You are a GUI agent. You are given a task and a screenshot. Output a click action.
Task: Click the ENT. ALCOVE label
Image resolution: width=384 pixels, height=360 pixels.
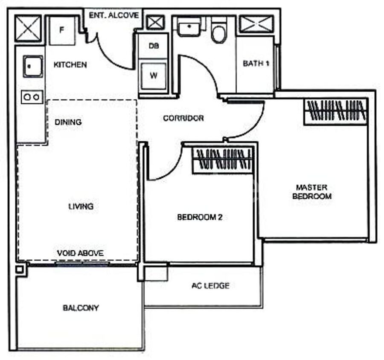[114, 15]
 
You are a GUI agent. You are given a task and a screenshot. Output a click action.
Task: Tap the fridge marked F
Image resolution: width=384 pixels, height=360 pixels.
[62, 30]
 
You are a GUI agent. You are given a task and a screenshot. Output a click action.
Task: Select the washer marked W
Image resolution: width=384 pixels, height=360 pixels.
[154, 76]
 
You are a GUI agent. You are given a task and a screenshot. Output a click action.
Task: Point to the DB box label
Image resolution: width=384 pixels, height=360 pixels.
[154, 46]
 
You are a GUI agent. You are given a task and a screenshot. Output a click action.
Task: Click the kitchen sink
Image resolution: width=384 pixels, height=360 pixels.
[33, 67]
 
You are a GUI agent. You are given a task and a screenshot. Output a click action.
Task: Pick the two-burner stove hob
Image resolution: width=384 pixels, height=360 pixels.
[32, 97]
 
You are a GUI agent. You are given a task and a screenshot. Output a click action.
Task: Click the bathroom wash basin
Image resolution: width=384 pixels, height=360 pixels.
[189, 27]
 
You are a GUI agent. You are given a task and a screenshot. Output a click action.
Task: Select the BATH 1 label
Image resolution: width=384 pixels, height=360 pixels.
[256, 64]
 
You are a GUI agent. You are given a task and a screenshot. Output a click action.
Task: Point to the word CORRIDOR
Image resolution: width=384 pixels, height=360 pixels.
[183, 118]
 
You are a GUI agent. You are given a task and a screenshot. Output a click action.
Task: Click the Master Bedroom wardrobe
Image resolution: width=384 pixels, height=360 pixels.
[336, 112]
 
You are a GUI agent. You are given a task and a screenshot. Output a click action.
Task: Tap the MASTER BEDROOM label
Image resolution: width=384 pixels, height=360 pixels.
[312, 192]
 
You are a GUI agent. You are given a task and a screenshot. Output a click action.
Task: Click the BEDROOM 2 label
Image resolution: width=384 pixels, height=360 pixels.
[200, 217]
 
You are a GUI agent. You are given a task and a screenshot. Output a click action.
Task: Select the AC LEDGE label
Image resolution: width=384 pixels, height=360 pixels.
[211, 285]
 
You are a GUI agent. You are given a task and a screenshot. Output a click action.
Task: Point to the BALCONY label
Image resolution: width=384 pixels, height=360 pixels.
[81, 308]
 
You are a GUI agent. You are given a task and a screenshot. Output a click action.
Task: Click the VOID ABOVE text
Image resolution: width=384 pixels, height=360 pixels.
[80, 253]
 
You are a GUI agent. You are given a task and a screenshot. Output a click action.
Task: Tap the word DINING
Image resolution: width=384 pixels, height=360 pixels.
[68, 122]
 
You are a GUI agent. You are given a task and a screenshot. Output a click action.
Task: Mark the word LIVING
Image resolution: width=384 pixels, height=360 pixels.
[81, 206]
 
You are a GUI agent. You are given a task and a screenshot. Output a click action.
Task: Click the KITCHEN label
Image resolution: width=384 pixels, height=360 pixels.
[70, 65]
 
